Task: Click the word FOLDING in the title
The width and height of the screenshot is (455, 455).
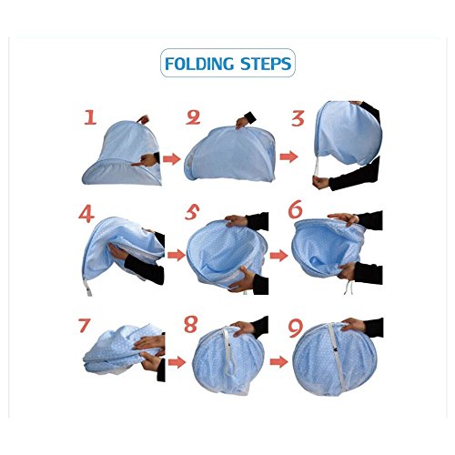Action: pyautogui.click(x=199, y=64)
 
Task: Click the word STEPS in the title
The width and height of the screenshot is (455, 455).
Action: pyautogui.click(x=266, y=64)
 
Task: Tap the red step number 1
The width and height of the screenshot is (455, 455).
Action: pyautogui.click(x=90, y=117)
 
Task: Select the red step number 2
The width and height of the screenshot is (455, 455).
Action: pyautogui.click(x=193, y=117)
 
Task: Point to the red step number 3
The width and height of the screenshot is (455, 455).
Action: pyautogui.click(x=298, y=118)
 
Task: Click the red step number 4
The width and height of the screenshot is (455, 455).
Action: pyautogui.click(x=86, y=215)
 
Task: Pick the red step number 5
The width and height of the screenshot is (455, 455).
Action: pyautogui.click(x=192, y=212)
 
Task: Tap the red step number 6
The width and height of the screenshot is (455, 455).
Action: pyautogui.click(x=295, y=209)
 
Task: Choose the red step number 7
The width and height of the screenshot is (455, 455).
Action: pyautogui.click(x=84, y=326)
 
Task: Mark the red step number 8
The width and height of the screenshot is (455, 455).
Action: pyautogui.click(x=191, y=324)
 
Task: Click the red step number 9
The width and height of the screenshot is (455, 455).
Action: pyautogui.click(x=296, y=329)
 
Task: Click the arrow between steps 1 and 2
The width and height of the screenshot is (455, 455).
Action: pyautogui.click(x=172, y=159)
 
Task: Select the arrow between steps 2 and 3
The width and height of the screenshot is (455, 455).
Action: pyautogui.click(x=288, y=157)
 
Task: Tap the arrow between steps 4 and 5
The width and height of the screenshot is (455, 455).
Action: pyautogui.click(x=177, y=255)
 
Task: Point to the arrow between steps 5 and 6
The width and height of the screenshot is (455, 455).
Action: pyautogui.click(x=278, y=256)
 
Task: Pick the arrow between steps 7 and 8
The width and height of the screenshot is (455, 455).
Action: pyautogui.click(x=177, y=362)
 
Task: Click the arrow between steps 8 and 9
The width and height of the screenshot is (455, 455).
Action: pyautogui.click(x=278, y=362)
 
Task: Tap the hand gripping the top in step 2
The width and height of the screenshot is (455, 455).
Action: pyautogui.click(x=243, y=122)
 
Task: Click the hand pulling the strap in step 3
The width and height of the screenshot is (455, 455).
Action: pyautogui.click(x=321, y=183)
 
